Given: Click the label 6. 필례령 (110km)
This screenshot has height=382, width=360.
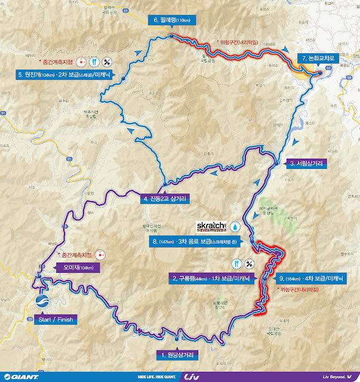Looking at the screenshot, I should point(173,20).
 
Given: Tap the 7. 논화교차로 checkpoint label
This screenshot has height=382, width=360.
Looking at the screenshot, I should point(320,58).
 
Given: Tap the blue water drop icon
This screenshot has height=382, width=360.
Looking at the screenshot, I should point(236,227).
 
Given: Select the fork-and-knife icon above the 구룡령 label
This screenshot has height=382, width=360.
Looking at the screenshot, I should point(236,263).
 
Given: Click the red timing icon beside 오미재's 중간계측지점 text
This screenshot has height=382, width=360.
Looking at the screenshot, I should point(101,254).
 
